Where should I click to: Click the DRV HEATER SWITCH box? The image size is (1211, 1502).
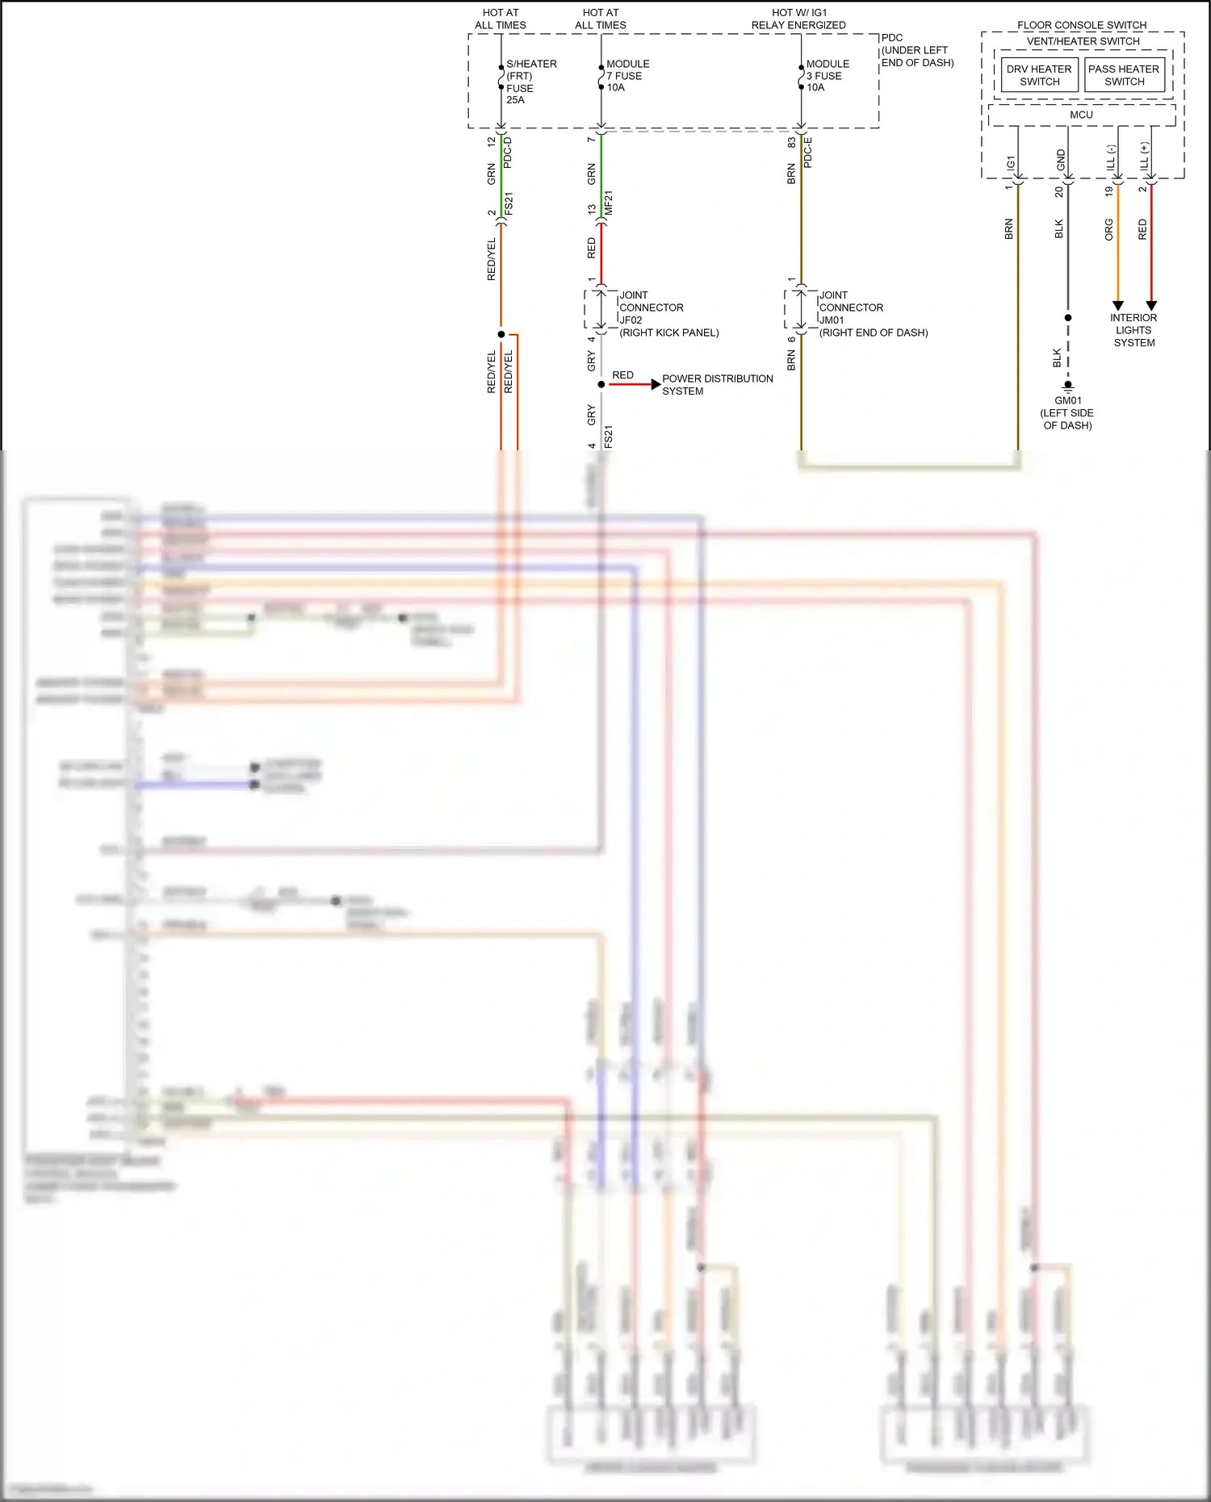1039,75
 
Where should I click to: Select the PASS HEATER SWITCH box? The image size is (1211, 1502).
1124,75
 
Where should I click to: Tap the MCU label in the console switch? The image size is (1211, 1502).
1081,115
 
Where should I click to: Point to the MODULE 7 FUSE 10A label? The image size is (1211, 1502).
627,76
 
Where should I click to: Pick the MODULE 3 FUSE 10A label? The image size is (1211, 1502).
828,76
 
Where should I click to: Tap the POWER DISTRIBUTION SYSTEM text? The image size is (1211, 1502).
717,385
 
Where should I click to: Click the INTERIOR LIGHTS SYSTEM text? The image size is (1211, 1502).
1133,330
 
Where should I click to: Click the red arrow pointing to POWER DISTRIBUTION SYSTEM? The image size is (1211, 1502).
655,384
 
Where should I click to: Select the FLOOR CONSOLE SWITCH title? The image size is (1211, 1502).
1082,25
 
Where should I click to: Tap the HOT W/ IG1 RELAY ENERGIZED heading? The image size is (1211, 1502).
798,19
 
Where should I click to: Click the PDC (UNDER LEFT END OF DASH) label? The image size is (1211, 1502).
917,50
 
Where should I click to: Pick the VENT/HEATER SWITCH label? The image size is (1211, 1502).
1083,41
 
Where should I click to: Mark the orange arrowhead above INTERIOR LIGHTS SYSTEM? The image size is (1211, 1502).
1118,305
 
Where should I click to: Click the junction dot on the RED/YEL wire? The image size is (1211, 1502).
501,334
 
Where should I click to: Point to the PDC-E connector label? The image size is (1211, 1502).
808,153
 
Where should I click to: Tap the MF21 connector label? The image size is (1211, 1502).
609,203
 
